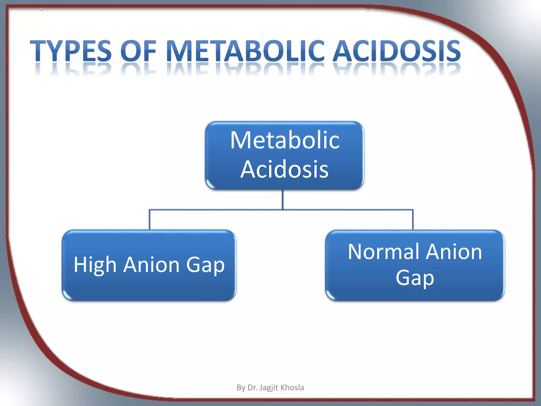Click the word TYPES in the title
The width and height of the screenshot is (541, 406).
coord(71,51)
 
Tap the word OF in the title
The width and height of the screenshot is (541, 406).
coord(138,51)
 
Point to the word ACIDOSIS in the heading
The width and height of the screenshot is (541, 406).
coord(396,51)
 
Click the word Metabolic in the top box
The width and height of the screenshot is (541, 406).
coord(285,140)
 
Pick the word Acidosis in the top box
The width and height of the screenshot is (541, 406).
coord(285,169)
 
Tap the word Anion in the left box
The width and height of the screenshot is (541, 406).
coord(152,264)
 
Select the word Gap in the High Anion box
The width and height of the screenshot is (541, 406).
coord(205,265)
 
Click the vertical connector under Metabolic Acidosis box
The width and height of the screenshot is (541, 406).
coord(283,200)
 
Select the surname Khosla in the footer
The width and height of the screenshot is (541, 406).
coord(292,387)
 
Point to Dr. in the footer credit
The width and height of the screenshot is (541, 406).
coord(252,387)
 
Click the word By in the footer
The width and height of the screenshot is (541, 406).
coord(241,388)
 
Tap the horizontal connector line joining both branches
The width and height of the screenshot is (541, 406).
coord(217,210)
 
